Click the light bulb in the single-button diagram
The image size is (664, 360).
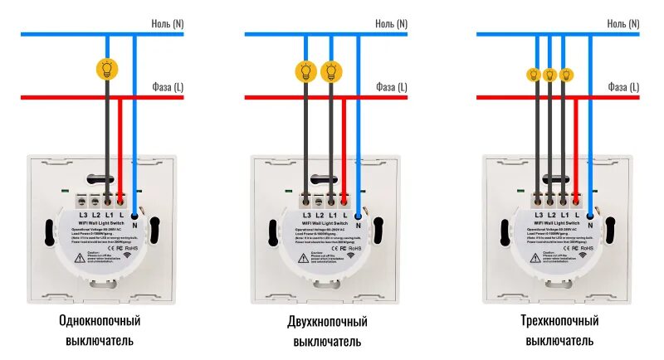[x=106, y=68]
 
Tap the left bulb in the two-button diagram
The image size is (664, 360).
[x=306, y=71]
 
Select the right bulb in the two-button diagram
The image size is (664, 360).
[x=331, y=71]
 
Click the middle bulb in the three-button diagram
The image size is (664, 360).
[x=549, y=75]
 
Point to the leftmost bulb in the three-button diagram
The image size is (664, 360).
[x=534, y=75]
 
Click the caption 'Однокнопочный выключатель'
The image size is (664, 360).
[x=99, y=330]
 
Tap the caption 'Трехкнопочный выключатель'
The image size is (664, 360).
[x=559, y=330]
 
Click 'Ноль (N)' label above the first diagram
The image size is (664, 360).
[x=167, y=24]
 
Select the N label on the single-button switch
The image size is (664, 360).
[x=135, y=224]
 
